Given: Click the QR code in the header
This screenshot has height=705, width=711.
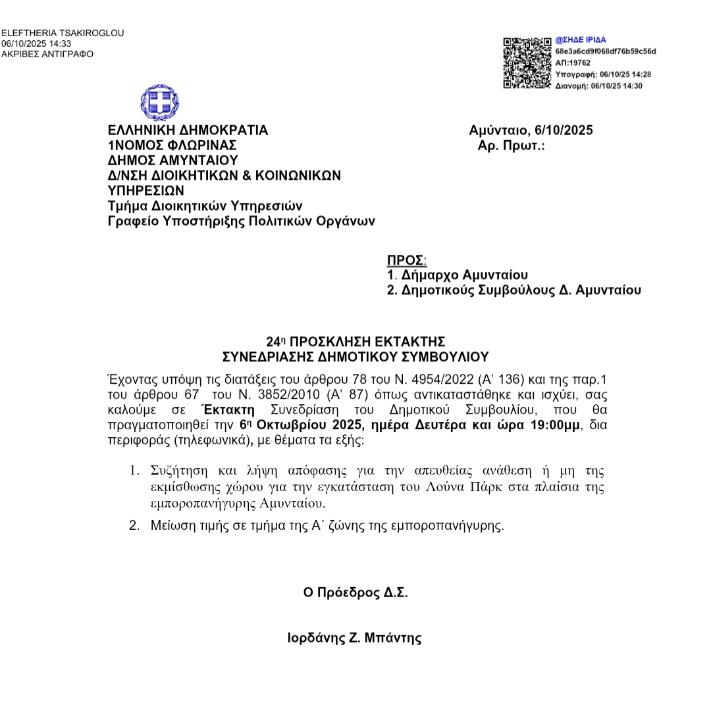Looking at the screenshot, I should click(527, 63).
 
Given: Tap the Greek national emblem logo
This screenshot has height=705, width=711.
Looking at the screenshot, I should click(159, 102).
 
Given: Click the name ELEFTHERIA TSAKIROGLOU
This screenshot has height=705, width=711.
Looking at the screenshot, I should click(63, 33).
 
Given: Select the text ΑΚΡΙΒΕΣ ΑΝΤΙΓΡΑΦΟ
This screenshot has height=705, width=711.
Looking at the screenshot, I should click(47, 54).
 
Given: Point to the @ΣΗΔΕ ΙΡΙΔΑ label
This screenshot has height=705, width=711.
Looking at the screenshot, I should click(581, 40).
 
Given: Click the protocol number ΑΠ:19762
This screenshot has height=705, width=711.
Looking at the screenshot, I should click(573, 63).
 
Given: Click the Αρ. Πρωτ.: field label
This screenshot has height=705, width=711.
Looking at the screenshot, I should click(512, 145).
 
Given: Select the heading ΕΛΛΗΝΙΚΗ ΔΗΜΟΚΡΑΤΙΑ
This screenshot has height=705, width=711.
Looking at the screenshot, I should click(188, 130).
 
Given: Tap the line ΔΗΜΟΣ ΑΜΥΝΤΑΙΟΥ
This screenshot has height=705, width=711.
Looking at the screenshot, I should click(172, 161).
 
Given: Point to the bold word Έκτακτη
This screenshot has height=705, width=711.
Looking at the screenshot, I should click(228, 410).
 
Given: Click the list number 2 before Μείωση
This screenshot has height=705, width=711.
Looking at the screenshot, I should click(134, 525).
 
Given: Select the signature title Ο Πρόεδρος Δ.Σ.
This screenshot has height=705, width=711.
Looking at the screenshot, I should click(355, 592).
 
